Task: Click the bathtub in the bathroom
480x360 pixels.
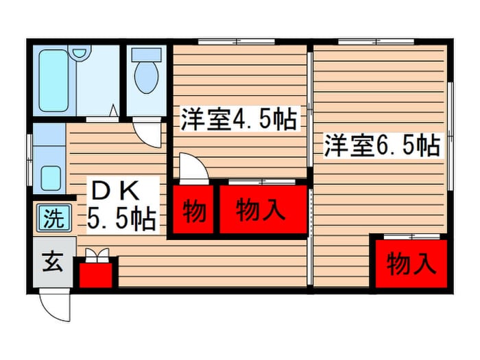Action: (54, 80)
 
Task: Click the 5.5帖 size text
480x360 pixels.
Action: (122, 219)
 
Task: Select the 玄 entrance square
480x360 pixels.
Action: (51, 263)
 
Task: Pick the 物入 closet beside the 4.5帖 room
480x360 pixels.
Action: (261, 211)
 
